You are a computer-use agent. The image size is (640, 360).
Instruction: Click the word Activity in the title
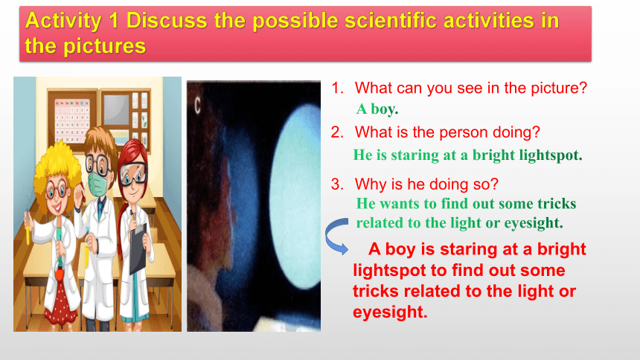[x=63, y=21]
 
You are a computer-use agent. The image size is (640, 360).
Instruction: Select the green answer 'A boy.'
[x=377, y=109]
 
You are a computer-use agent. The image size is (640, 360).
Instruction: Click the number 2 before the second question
[x=337, y=132]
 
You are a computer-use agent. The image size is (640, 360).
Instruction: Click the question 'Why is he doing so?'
[x=426, y=184]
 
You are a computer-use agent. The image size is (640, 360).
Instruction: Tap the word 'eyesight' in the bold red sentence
[x=390, y=312]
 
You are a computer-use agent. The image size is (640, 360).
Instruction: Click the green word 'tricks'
[x=557, y=203]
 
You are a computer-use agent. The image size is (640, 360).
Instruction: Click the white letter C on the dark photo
[x=197, y=106]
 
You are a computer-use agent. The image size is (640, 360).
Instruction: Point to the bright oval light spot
[x=295, y=196]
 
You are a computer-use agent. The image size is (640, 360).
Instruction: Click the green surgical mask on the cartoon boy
[x=98, y=183]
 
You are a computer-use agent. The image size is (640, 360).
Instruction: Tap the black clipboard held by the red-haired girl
[x=138, y=248]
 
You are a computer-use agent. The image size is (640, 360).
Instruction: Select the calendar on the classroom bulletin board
[x=72, y=120]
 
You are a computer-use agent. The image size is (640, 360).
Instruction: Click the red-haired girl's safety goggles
[x=132, y=173]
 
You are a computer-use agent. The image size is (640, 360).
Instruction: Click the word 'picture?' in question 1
[x=559, y=89]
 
